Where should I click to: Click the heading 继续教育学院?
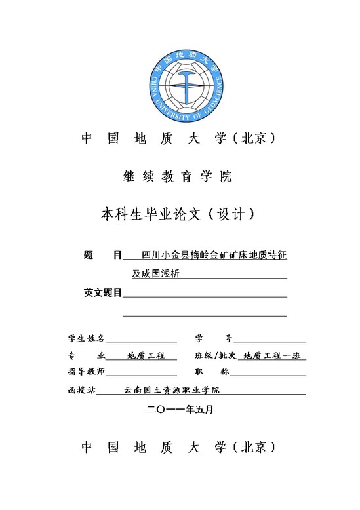[178, 176]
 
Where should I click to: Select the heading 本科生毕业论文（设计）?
[178, 214]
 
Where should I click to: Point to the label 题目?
[103, 254]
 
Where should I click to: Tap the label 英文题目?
[103, 292]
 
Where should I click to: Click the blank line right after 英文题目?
[205, 295]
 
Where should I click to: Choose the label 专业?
[86, 355]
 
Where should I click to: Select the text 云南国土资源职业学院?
[171, 389]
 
